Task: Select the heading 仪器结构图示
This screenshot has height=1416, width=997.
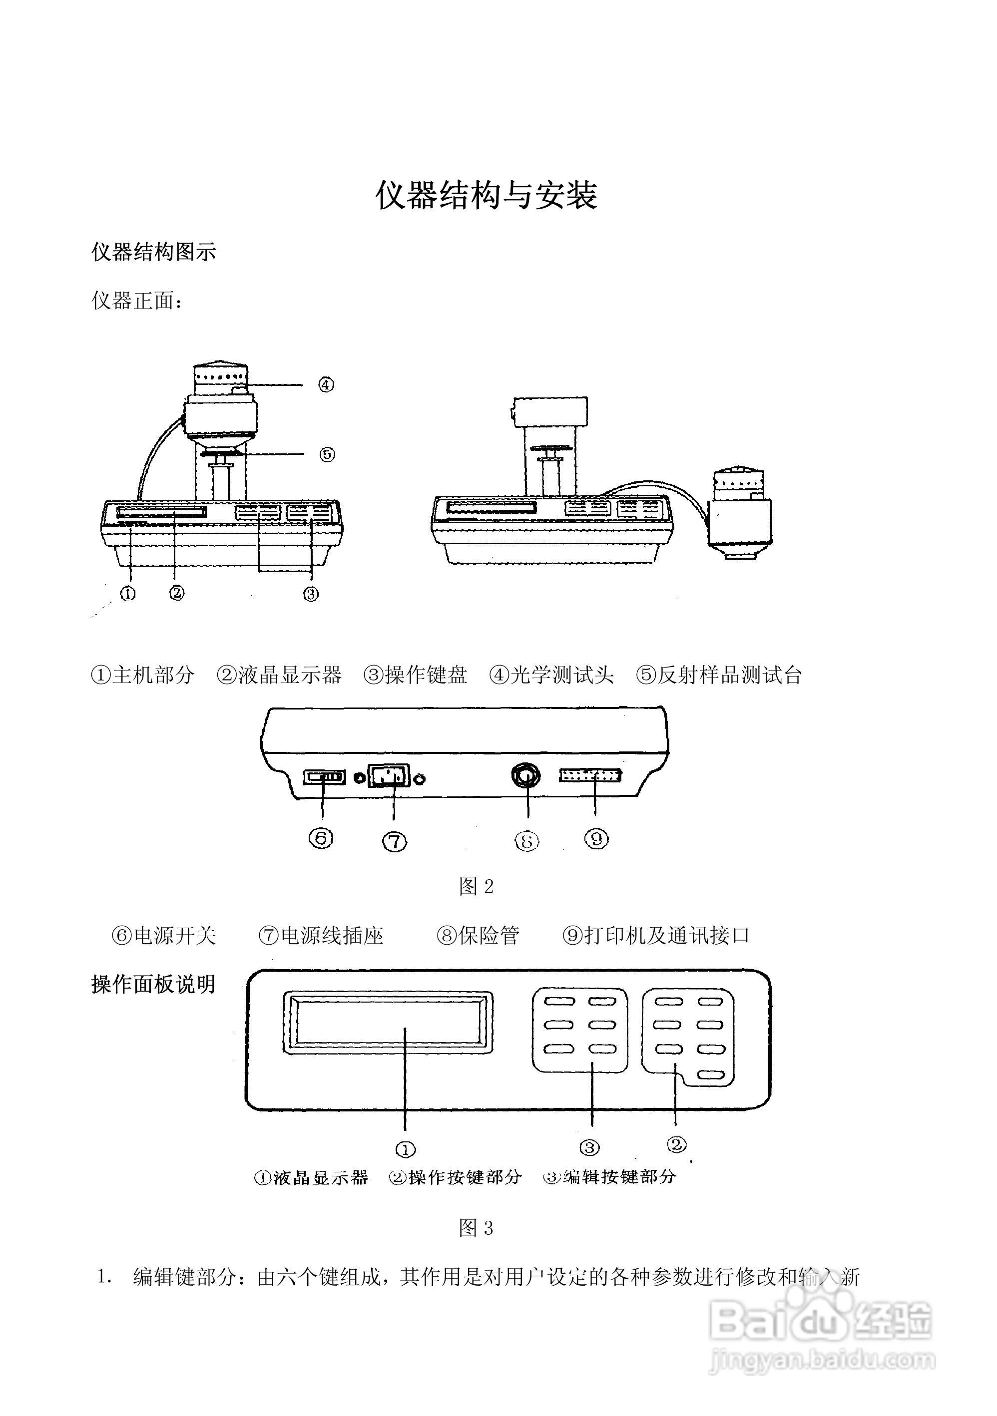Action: [x=154, y=252]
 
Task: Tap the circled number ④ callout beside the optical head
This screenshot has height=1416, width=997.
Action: [x=326, y=385]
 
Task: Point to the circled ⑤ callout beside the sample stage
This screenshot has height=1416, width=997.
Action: [x=327, y=454]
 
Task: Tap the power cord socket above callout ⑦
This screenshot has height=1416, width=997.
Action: [x=389, y=776]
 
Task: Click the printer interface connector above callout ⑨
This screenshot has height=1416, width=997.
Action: [x=590, y=776]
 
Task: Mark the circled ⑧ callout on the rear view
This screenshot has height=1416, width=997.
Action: [x=526, y=841]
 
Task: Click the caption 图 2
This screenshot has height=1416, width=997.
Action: [x=477, y=887]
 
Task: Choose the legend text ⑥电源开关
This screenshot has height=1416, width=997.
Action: [x=163, y=936]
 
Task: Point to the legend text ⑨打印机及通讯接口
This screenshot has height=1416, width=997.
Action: [x=656, y=936]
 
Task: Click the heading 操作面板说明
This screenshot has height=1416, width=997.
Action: [x=154, y=984]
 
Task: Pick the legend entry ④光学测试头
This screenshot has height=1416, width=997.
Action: [x=551, y=676]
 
